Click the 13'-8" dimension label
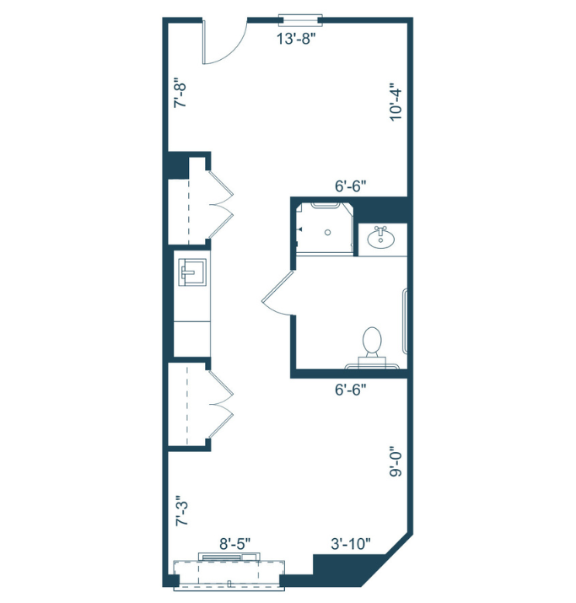(x=299, y=37)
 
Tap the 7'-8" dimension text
(x=179, y=94)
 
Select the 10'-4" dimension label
(x=395, y=102)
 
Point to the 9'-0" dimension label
(x=395, y=463)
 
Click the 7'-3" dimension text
(x=180, y=512)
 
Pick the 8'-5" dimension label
(x=235, y=544)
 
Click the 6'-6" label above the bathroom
(x=349, y=186)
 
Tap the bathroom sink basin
(x=382, y=238)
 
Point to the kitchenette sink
(x=191, y=272)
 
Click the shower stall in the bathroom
(x=325, y=226)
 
